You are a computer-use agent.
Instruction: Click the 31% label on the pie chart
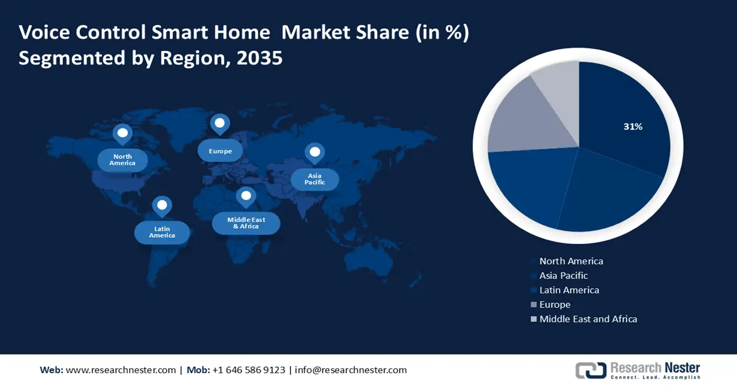click(x=633, y=127)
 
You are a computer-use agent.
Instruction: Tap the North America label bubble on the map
click(x=123, y=160)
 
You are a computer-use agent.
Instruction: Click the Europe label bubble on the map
click(x=220, y=151)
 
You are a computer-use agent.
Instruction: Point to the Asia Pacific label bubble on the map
click(x=314, y=179)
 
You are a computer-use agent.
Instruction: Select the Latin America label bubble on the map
click(x=162, y=232)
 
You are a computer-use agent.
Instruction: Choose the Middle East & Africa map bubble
click(x=246, y=223)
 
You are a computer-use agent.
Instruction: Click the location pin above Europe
click(x=219, y=124)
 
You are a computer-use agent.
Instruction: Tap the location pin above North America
click(x=122, y=133)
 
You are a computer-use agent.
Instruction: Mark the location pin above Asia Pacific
click(x=314, y=152)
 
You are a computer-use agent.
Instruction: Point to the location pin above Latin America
click(x=162, y=206)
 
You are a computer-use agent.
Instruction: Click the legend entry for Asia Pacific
click(x=563, y=275)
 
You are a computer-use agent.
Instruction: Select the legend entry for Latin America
click(x=569, y=289)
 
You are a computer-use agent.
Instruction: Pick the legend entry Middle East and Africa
click(x=588, y=319)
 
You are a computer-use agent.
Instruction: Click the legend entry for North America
click(x=571, y=261)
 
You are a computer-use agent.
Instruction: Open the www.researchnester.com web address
click(x=120, y=370)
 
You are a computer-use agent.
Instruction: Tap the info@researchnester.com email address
click(x=351, y=370)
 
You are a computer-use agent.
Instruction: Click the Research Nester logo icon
click(x=590, y=370)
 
